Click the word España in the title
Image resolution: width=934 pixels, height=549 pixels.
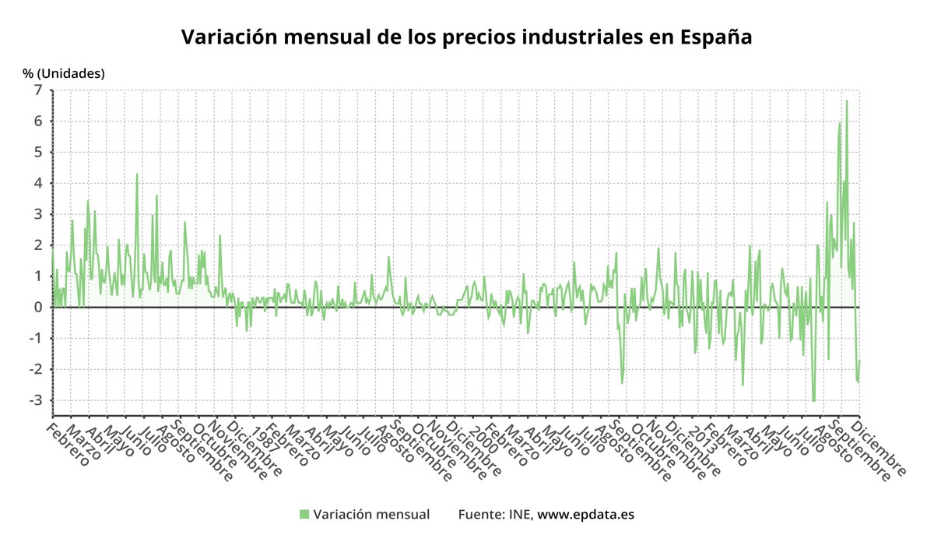coord(715,37)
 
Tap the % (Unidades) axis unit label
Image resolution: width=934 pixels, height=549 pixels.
coord(63,73)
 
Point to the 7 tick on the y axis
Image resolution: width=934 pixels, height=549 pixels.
coord(37,90)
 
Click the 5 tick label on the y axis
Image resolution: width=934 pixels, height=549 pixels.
coord(37,152)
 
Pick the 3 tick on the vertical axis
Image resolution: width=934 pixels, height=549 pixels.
coord(37,214)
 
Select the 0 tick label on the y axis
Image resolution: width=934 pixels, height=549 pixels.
coord(37,307)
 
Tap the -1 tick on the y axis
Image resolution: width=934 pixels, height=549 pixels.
coord(35,338)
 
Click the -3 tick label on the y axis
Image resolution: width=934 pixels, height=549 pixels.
coord(35,400)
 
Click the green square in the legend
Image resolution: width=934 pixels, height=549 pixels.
coord(304,514)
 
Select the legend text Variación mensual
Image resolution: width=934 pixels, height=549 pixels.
coord(371,514)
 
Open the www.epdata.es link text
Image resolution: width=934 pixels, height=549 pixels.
coord(586,514)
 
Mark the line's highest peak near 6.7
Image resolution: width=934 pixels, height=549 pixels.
coord(847,100)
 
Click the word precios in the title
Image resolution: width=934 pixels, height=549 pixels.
coord(437,37)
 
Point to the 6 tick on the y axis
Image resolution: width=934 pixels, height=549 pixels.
coord(37,121)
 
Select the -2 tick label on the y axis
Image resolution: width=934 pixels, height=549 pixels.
coord(35,369)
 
